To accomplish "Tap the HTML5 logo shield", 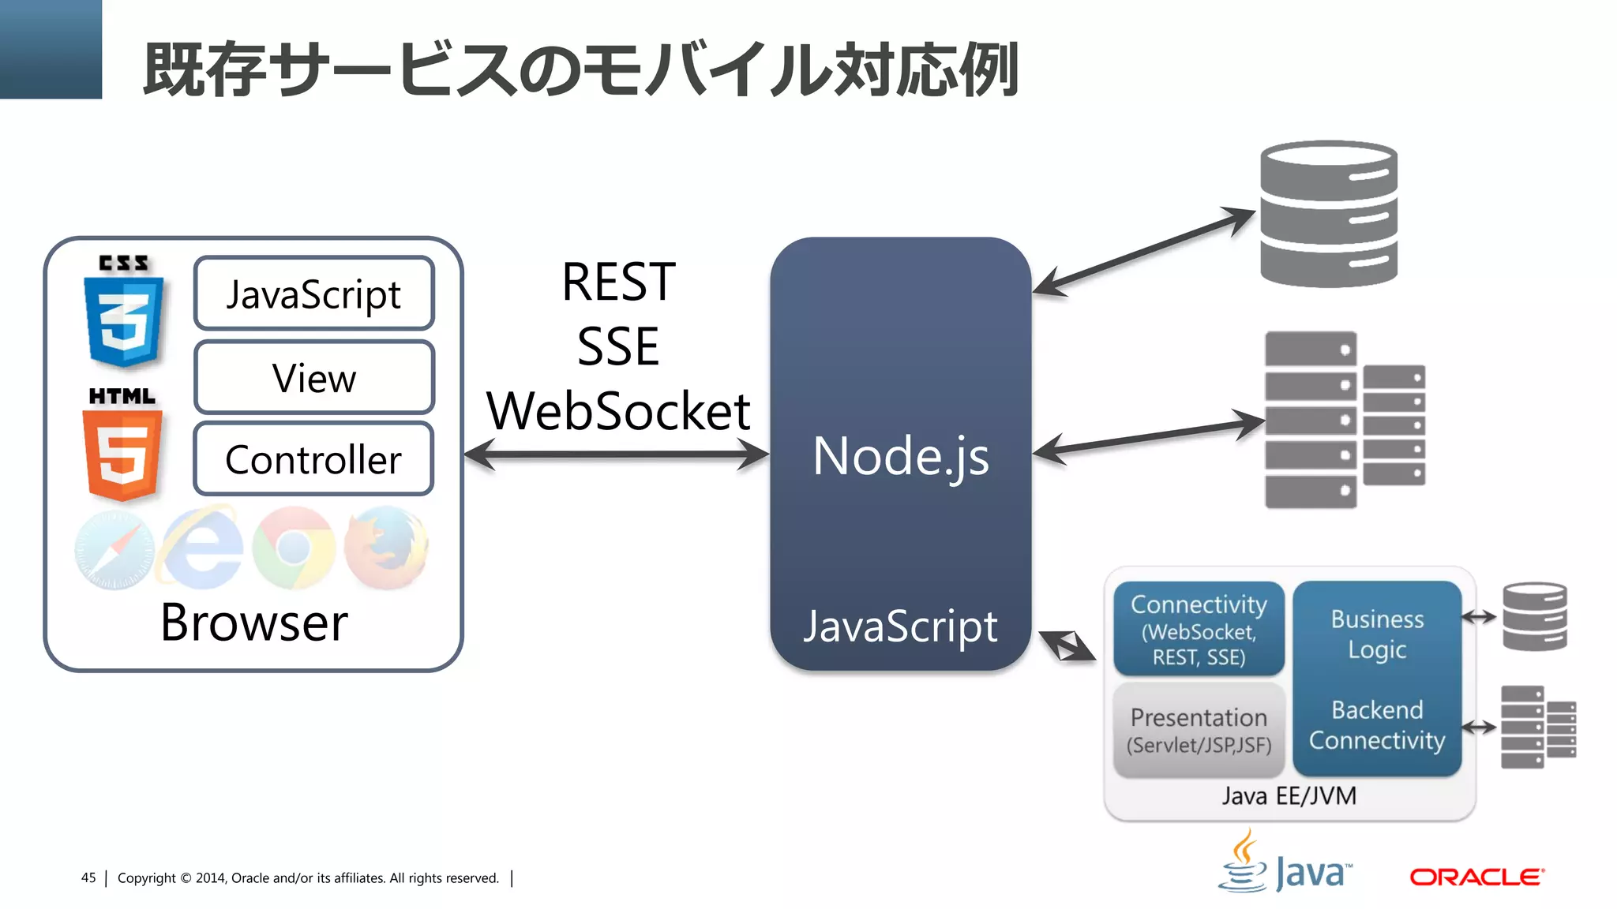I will coord(123,446).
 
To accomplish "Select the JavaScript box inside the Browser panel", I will coord(313,294).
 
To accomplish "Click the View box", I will coord(313,378).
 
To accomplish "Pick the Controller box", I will coord(313,459).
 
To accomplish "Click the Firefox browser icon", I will coord(387,548).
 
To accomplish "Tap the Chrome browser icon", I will coord(295,548).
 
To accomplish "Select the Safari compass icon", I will coord(114,551).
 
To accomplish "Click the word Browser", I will coord(253,623).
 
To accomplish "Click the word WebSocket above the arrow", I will coord(618,411).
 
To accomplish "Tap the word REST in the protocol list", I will coord(618,282).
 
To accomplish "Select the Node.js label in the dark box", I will coord(900,456).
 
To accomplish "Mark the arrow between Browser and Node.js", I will coord(616,454).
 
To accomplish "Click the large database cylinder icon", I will coord(1329,214).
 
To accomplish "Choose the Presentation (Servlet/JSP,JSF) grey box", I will coord(1199,730).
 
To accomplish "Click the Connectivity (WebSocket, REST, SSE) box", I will coord(1199,629).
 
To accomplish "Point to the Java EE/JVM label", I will coord(1289,795).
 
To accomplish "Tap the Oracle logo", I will coord(1476,877).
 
